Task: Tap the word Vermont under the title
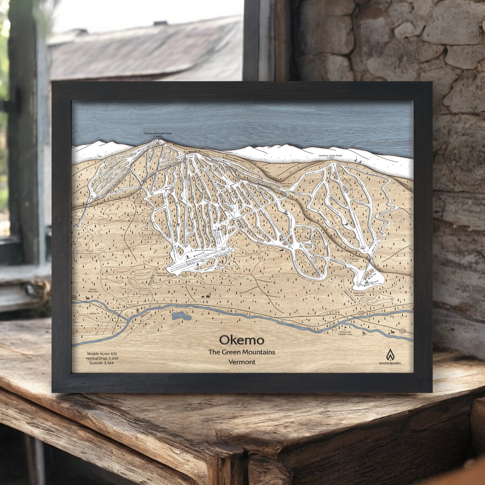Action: click(x=242, y=362)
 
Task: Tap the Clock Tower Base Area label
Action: click(x=164, y=274)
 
